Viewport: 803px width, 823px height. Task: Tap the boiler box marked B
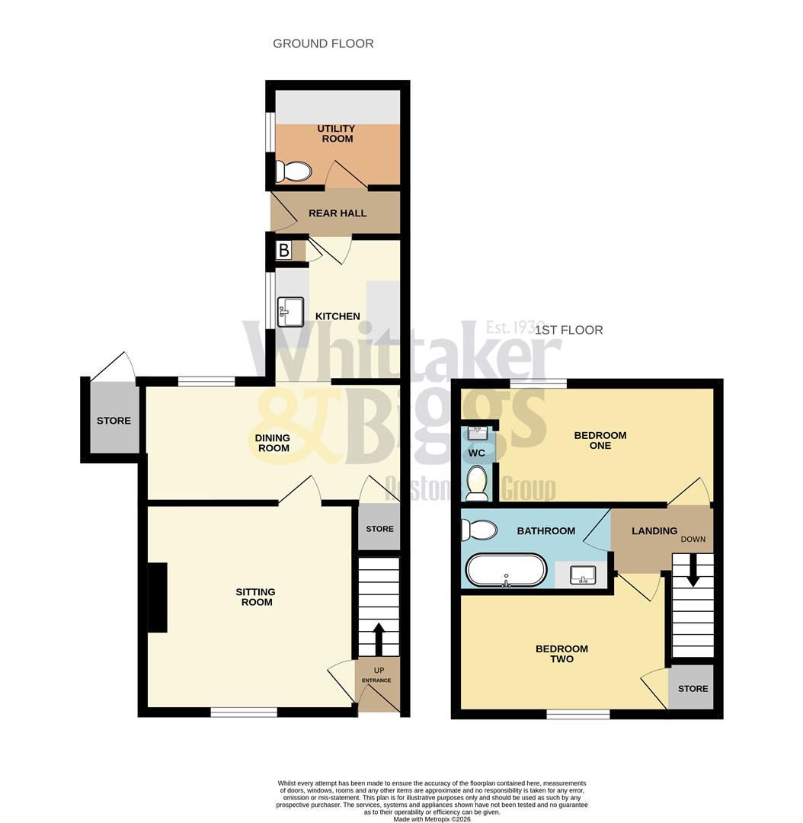click(284, 250)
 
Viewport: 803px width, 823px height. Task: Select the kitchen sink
click(290, 311)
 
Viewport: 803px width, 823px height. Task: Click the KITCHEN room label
click(338, 316)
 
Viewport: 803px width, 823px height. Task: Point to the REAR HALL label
click(338, 213)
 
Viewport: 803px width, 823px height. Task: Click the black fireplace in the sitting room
click(157, 597)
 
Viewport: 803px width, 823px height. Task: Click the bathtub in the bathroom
click(505, 570)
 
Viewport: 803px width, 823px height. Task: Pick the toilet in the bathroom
click(478, 528)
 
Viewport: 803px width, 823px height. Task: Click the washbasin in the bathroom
click(583, 574)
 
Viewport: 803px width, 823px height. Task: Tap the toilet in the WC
click(477, 483)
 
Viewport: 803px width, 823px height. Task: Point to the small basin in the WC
click(476, 433)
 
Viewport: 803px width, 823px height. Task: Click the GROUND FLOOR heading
click(323, 43)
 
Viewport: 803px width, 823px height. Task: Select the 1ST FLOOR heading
click(568, 330)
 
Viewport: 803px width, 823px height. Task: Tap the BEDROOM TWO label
click(561, 654)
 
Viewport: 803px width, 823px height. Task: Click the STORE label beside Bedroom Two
click(693, 688)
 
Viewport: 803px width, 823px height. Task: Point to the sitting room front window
click(244, 713)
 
